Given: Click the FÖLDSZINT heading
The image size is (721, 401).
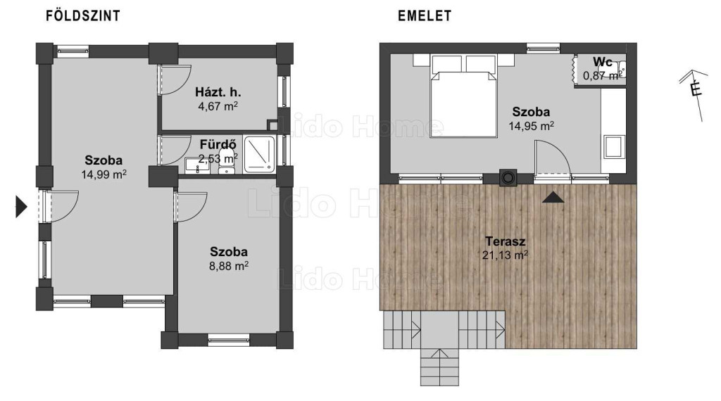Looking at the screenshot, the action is point(83,16).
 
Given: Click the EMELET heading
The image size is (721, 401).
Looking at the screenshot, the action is point(425,16).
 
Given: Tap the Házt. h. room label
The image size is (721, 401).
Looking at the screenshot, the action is point(218,92).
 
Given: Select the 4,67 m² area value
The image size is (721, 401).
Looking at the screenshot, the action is point(218,106).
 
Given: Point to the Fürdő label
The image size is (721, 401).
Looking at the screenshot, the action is point(218,145).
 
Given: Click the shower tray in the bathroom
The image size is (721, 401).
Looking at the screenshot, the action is point(259,154).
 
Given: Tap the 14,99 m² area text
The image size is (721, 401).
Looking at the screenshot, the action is point(104,174).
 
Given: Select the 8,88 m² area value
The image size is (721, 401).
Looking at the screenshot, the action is point(229,266).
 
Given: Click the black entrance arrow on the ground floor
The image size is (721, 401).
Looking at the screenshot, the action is point(21,206).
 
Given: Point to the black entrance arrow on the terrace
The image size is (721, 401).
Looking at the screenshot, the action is point(553,198).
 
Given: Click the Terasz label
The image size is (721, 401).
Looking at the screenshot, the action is point(506,241).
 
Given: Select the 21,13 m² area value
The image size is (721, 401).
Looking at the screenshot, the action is point(505,255).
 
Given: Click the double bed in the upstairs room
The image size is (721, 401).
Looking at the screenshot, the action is point(463,96).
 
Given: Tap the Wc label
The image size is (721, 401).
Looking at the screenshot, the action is point(603,61).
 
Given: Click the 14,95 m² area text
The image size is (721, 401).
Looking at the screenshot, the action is point(531,126).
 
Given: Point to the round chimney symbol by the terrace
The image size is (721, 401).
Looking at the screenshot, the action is point(508,177).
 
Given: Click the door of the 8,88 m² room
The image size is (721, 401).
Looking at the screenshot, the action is point(191,207).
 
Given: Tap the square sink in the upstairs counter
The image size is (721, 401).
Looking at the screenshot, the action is point(614,146).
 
